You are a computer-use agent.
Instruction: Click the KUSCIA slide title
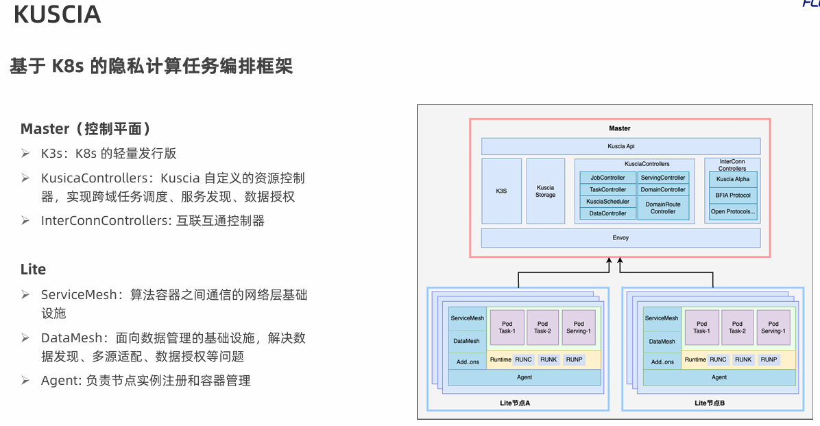point(57,15)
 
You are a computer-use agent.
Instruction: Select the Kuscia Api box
point(620,146)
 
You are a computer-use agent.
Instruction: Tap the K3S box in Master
point(501,191)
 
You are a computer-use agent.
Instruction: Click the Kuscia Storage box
point(545,191)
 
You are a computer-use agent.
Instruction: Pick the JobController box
point(607,178)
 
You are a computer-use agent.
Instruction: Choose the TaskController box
point(607,189)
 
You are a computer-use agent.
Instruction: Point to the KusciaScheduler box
point(607,202)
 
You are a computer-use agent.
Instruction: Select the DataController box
point(607,213)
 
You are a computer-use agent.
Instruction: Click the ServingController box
point(663,178)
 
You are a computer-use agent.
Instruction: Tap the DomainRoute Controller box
point(663,208)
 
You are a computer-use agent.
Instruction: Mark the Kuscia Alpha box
point(733,179)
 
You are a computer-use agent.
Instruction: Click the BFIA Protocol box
point(733,196)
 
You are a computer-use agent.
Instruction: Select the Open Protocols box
point(733,212)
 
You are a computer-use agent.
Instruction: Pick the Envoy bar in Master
point(620,238)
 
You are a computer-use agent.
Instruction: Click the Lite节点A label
point(515,403)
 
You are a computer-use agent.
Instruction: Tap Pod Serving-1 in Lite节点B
point(773,327)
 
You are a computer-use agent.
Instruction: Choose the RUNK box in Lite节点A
point(548,359)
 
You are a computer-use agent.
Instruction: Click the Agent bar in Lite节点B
point(719,377)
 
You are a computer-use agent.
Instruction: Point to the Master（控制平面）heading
point(86,129)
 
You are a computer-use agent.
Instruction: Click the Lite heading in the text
point(33,270)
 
